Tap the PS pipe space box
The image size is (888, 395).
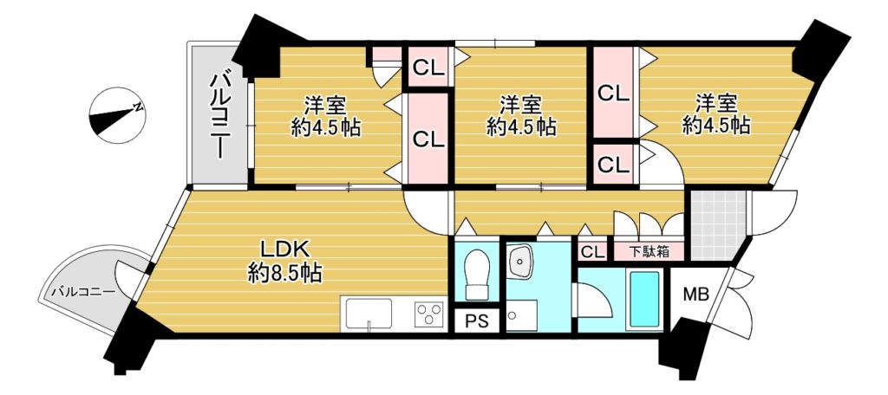[x=477, y=321]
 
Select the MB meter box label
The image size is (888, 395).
[x=696, y=295]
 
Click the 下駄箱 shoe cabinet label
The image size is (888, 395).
[x=649, y=251]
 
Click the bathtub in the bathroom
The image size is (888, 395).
[x=644, y=299]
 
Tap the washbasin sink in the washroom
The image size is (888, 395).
[x=519, y=262]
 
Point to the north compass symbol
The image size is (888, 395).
[x=117, y=115]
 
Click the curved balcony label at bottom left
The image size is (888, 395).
[x=84, y=293]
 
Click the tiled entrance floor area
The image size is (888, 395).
[x=717, y=224]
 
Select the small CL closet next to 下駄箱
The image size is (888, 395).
[x=593, y=252]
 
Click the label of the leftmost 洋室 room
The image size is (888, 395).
[x=326, y=116]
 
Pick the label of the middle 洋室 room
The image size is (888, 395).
[x=520, y=115]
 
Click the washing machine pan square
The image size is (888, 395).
[x=521, y=316]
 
